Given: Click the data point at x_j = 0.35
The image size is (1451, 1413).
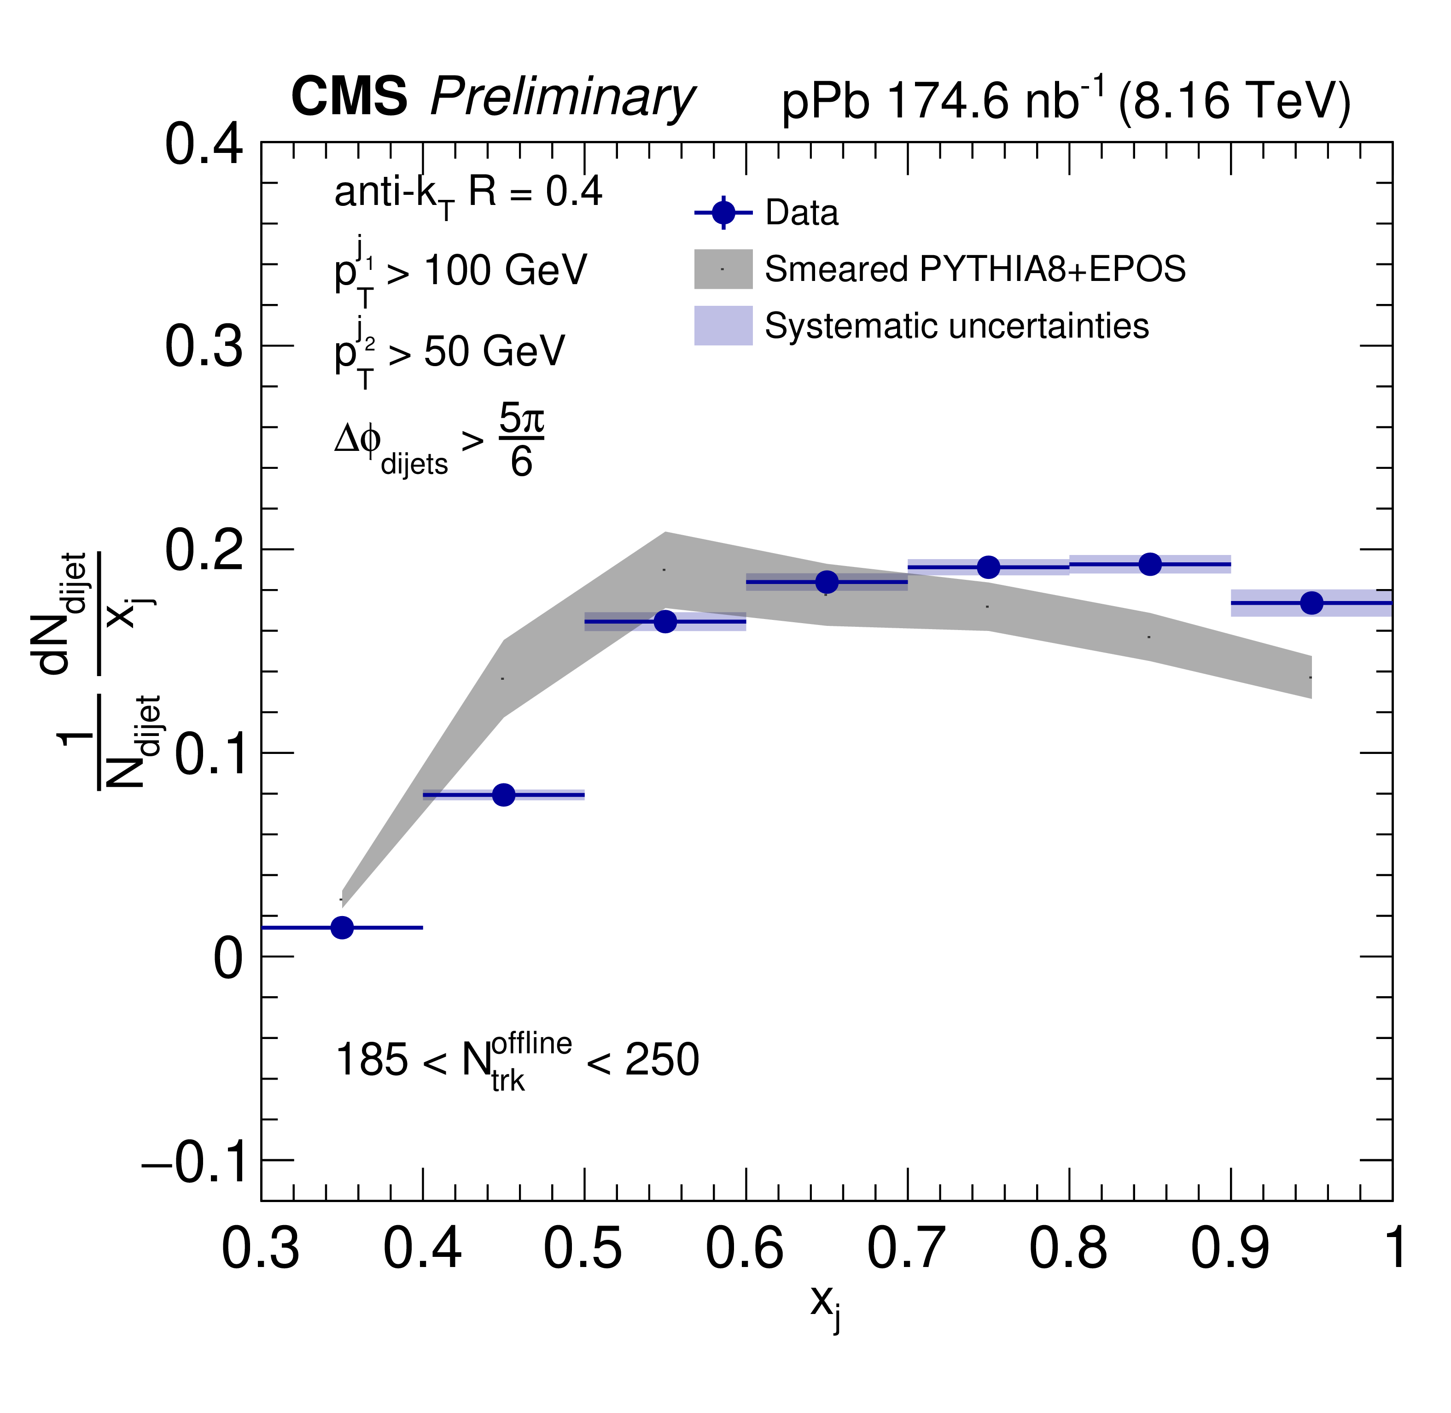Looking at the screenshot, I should click(x=342, y=927).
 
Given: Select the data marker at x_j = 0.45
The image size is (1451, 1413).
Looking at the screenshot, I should click(x=504, y=795).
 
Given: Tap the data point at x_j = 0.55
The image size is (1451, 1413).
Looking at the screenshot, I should click(x=665, y=621).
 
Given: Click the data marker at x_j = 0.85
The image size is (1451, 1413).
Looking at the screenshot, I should click(x=1150, y=564).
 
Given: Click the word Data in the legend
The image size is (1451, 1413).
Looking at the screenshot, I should click(x=802, y=213).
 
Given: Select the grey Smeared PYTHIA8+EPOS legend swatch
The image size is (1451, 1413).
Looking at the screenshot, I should click(x=723, y=269).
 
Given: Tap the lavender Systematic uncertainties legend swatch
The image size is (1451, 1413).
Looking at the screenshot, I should click(x=723, y=325).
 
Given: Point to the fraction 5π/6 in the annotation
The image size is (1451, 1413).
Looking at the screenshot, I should click(x=521, y=440).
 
